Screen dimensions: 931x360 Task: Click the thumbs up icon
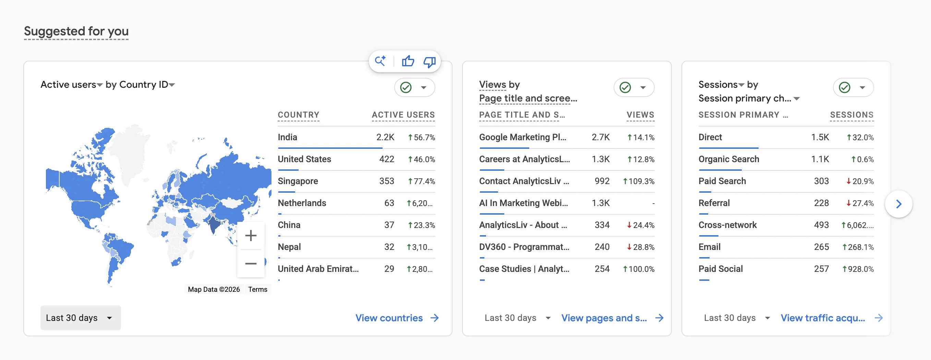tap(408, 61)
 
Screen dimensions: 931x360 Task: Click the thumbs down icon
tap(430, 62)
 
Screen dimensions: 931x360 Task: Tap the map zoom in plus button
tap(251, 236)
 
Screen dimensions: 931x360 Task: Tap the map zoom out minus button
tap(251, 264)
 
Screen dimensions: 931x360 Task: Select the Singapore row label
tap(298, 181)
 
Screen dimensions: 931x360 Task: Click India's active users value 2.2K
tap(385, 137)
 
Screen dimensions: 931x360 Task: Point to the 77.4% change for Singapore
tap(421, 181)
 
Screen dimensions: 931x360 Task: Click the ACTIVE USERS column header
tap(403, 115)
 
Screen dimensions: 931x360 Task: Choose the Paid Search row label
tap(722, 181)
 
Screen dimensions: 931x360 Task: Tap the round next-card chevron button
tap(898, 204)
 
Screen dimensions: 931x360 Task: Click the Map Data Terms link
tap(258, 289)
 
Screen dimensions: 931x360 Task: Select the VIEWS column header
tap(640, 115)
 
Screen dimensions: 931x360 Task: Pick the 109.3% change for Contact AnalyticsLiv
tap(638, 181)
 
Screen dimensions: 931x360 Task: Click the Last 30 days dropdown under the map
tap(80, 318)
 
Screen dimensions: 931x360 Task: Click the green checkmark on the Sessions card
tap(844, 87)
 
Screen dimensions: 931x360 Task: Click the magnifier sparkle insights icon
tap(380, 61)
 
